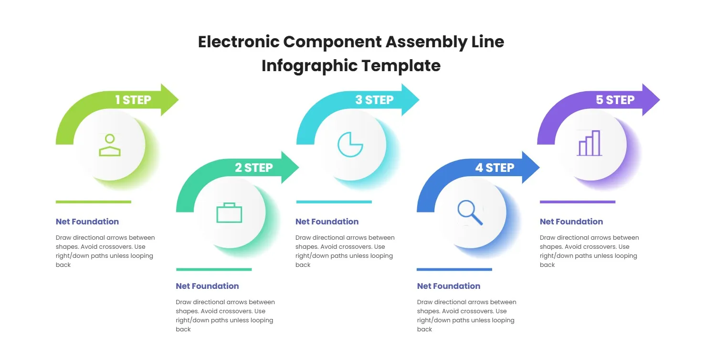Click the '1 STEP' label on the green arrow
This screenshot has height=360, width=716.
point(133,100)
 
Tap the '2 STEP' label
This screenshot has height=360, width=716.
point(253,168)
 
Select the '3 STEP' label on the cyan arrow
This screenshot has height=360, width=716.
point(374,100)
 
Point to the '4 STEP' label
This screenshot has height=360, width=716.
point(495,168)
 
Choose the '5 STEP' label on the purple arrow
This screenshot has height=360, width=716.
point(615,100)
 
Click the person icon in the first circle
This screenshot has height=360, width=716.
point(110,145)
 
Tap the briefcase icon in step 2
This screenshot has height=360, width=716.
point(229,212)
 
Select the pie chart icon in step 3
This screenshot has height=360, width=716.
point(350,145)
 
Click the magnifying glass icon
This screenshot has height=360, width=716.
point(470,212)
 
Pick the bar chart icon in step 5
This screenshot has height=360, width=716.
point(590,143)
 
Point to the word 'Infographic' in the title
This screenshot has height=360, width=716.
point(309,65)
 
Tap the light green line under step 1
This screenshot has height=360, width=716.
point(93,202)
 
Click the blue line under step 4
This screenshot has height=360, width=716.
point(454,269)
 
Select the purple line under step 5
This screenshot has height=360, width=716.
point(577,202)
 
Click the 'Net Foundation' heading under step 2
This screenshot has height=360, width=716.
point(207,286)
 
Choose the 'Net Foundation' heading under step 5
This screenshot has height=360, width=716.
point(571,222)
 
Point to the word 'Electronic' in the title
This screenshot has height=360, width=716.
point(238,42)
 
